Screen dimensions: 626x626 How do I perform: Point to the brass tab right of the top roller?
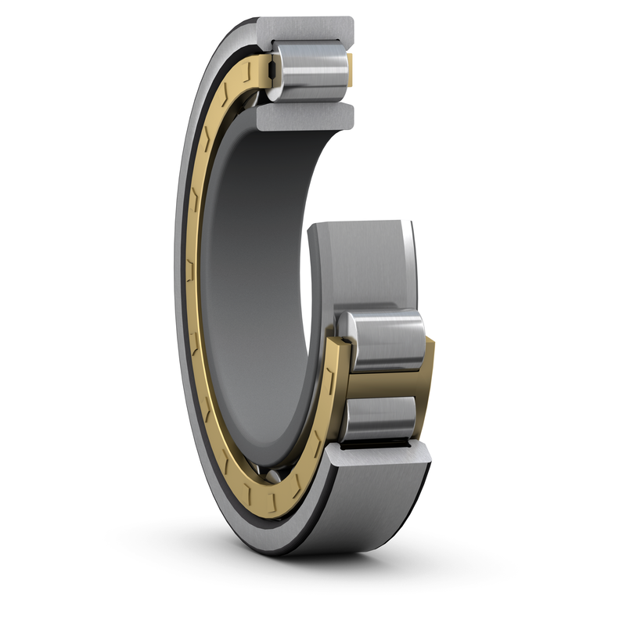350,71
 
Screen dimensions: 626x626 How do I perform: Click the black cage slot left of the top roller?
270,72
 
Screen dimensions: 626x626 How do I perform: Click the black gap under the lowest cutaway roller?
383,444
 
